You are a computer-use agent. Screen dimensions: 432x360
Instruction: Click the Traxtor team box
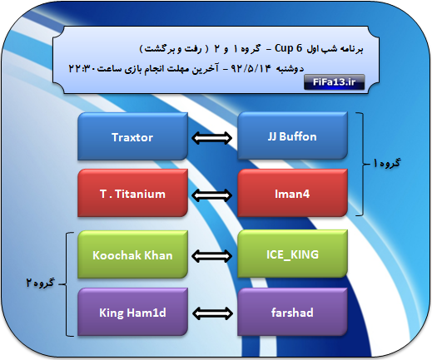132,136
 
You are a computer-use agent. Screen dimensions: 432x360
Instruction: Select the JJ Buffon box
292,136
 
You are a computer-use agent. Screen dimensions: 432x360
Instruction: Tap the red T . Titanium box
132,193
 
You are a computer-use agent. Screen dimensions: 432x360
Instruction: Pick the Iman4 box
292,193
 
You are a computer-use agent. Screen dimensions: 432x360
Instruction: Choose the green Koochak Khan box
132,254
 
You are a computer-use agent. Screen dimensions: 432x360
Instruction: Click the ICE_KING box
292,254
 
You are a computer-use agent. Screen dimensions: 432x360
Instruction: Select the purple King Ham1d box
132,312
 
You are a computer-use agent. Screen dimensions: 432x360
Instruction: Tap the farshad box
292,312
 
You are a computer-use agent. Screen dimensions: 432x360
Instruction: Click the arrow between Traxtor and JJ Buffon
212,138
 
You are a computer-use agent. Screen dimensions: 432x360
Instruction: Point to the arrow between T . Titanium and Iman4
212,195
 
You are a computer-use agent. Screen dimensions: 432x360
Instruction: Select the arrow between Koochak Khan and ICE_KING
212,256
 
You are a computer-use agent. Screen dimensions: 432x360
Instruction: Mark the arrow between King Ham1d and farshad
212,313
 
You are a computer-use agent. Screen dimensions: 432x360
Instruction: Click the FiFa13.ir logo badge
334,82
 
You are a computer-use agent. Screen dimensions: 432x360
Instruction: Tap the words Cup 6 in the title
288,48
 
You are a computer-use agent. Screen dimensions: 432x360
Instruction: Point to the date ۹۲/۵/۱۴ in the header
251,68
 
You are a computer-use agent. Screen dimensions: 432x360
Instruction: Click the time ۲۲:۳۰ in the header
82,68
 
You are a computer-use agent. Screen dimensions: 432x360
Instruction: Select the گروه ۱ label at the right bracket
386,163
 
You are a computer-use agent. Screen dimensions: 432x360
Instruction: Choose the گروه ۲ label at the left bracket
40,283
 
